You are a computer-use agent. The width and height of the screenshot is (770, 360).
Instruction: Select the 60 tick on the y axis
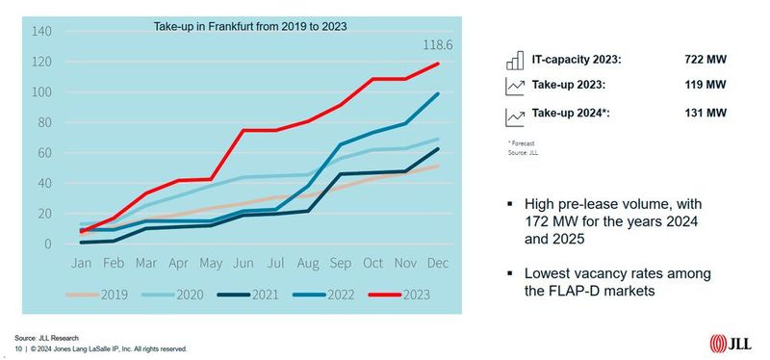[42, 153]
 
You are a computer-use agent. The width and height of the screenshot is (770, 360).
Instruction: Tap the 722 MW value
[706, 61]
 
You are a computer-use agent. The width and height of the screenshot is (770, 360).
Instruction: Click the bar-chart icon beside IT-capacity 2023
[513, 61]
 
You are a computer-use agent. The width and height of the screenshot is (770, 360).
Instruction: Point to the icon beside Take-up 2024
[513, 116]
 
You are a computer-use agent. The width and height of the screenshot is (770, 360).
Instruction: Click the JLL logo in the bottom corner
[734, 342]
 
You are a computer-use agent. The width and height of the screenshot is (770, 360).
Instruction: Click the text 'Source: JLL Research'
[43, 338]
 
